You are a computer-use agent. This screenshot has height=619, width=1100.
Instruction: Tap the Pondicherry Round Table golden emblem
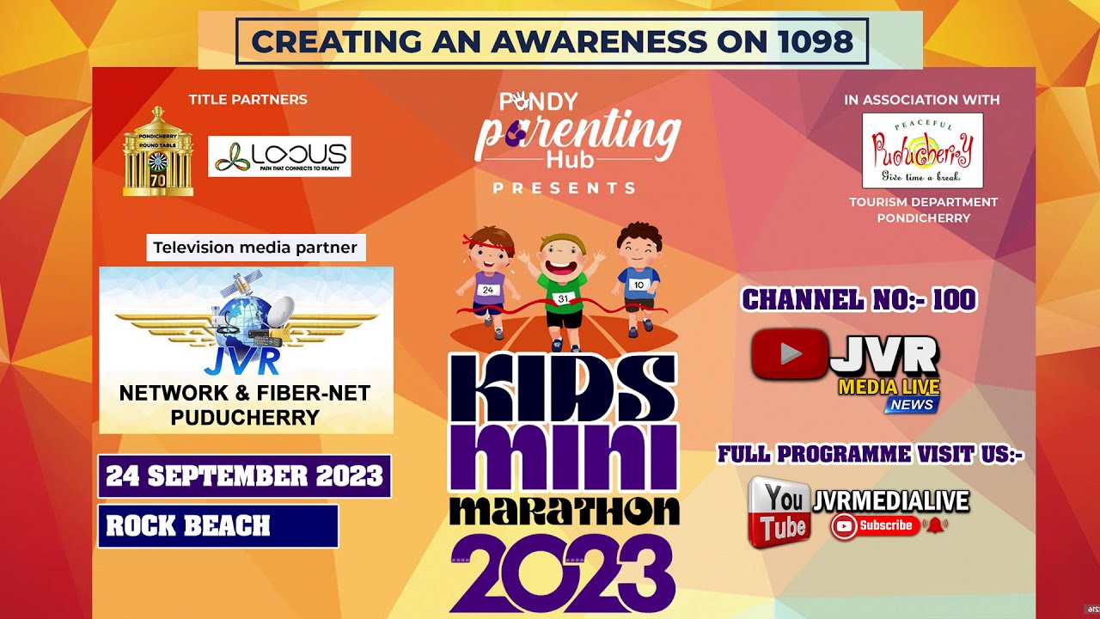coord(157,152)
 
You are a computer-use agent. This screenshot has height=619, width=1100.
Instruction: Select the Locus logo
coord(279,156)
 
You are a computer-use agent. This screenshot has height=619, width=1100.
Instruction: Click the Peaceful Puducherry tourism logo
coord(922,150)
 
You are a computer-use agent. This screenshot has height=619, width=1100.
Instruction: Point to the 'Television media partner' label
coord(255,248)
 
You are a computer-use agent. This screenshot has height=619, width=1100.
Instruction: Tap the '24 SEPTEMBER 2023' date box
coord(244,475)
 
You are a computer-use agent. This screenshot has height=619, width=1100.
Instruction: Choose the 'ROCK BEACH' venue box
coord(217,526)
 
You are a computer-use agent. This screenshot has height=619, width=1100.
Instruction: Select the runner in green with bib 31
coord(563,288)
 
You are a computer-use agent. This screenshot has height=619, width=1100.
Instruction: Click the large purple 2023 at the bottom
coord(563,572)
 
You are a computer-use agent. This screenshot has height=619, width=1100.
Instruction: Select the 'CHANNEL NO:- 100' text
coord(859,299)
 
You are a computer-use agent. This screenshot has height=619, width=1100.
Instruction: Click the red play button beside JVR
coord(789,354)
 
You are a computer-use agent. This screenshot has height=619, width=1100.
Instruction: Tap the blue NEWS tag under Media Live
coord(912,405)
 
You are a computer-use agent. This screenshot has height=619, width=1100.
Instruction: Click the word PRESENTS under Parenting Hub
coord(564,187)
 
